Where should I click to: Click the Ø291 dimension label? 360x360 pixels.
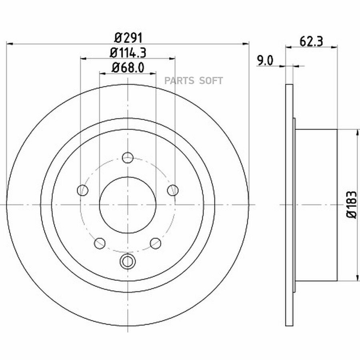(128, 38)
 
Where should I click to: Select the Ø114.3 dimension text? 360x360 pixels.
(128, 53)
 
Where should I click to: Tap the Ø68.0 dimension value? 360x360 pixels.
(128, 68)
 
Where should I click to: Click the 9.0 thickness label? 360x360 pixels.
(265, 61)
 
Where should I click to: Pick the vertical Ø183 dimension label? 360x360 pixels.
(352, 204)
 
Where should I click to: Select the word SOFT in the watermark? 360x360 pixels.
(211, 80)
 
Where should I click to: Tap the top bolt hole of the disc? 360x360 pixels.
(128, 158)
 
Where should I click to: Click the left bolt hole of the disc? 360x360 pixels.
(83, 190)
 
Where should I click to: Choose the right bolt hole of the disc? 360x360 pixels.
(173, 190)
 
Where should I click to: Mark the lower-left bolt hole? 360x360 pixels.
(100, 243)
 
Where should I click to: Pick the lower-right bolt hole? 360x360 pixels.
(156, 243)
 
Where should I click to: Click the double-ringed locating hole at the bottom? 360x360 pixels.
(128, 261)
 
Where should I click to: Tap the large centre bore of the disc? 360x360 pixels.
(128, 205)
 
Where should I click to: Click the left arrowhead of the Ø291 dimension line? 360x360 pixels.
(9, 43)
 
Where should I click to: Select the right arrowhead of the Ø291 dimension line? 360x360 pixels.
(246, 43)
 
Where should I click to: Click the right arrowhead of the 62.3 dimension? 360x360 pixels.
(334, 47)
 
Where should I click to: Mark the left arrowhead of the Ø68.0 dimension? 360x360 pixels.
(102, 74)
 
